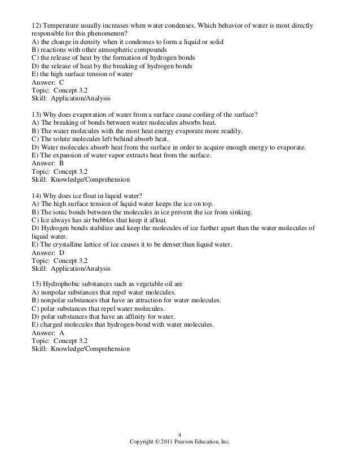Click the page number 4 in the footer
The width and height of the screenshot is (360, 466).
point(179,434)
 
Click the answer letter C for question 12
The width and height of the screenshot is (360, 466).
point(62,82)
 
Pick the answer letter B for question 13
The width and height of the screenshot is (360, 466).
point(62,164)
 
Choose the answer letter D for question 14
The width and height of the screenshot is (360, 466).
point(62,253)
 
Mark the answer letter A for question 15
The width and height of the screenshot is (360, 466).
point(62,334)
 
